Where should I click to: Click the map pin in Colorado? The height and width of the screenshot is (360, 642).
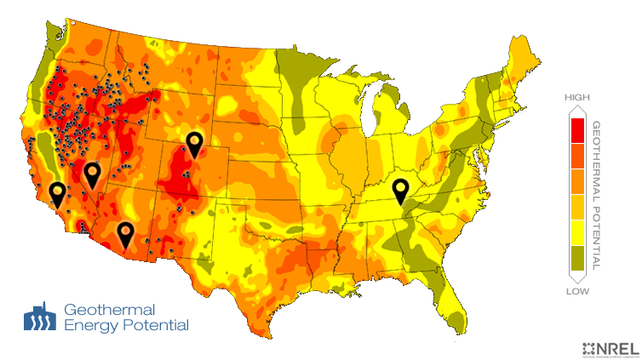coord(195,145)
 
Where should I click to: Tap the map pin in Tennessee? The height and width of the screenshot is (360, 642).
coord(399,191)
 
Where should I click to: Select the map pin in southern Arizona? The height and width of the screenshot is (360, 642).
coord(125,233)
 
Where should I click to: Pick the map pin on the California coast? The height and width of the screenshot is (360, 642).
coord(57,194)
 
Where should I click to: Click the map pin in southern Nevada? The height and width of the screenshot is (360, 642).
coord(92,175)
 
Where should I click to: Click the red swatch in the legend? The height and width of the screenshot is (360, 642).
coord(577,130)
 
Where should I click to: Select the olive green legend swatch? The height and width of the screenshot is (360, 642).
coord(577,258)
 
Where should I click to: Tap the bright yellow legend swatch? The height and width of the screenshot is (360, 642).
coord(577,232)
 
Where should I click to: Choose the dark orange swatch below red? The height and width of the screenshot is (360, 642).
coord(577,156)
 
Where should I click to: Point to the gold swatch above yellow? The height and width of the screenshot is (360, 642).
coord(577,207)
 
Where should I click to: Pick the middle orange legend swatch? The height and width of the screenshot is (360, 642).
coord(577,181)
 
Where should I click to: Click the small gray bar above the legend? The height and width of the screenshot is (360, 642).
coord(577,98)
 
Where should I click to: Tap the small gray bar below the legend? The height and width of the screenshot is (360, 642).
coord(577,291)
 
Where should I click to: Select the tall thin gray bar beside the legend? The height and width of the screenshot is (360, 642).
coord(597,195)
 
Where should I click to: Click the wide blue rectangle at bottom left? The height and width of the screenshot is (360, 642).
coord(126,317)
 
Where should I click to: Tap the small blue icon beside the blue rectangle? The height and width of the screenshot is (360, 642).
coord(39,317)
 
